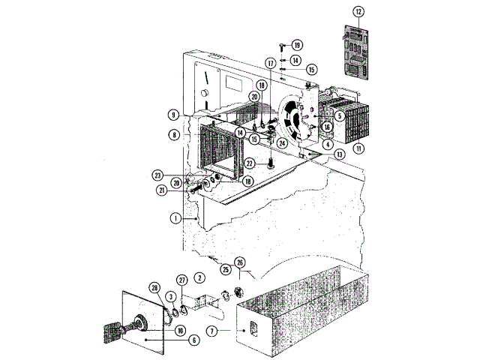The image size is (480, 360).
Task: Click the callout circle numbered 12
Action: [x=358, y=12]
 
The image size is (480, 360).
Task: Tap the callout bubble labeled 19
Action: [x=297, y=45]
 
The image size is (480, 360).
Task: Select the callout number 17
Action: [x=270, y=63]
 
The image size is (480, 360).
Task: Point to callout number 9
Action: [x=173, y=115]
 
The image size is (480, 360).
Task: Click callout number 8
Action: [x=173, y=136]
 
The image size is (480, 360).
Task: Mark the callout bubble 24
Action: [x=282, y=142]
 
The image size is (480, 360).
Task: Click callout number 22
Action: [x=251, y=163]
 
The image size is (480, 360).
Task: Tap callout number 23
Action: [x=159, y=174]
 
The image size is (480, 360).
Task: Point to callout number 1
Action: [x=175, y=218]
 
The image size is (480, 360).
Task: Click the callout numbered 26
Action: [x=239, y=262]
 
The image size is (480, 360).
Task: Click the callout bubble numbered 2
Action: [x=199, y=277]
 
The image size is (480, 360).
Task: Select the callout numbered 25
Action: [x=224, y=268]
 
